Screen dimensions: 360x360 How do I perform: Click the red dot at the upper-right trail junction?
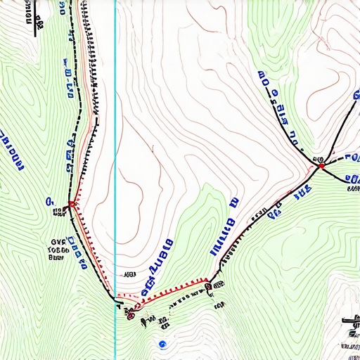[321, 166]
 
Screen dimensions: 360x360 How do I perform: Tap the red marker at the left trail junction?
[71, 205]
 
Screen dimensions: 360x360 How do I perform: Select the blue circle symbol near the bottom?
[162, 343]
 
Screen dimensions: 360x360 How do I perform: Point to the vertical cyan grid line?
[115, 141]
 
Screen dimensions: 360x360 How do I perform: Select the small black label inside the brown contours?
[129, 274]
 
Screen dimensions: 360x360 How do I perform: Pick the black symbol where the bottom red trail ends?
[210, 285]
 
